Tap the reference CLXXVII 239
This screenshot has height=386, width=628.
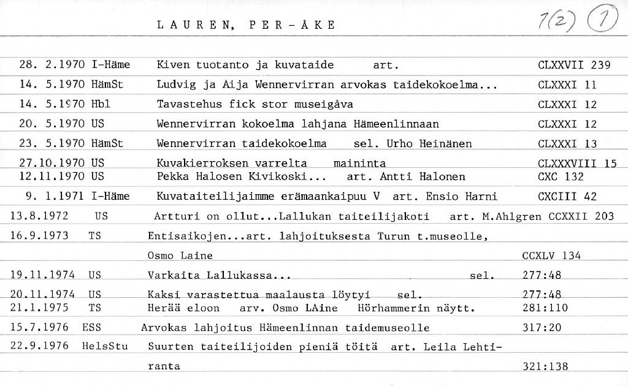tap(573, 65)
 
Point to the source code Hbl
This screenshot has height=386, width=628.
tap(101, 104)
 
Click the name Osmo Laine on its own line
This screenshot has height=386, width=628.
tap(180, 255)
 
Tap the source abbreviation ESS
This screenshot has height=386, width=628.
tap(91, 328)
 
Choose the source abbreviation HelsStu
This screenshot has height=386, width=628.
tap(105, 346)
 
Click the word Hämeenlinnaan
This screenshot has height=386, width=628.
tap(396, 124)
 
